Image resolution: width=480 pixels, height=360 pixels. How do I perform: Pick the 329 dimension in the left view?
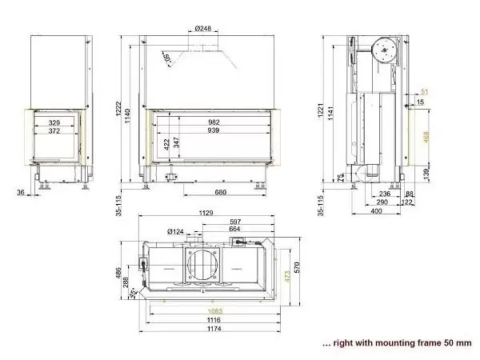click(x=54, y=122)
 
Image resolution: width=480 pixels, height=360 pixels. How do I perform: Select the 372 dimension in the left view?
click(x=54, y=130)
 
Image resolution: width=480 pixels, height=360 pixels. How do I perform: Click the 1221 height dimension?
click(x=322, y=113)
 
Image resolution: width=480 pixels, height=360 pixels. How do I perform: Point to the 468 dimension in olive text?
click(x=426, y=137)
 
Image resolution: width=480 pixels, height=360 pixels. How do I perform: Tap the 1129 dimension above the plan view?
click(x=207, y=214)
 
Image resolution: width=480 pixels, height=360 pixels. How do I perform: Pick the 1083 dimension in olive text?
click(x=214, y=310)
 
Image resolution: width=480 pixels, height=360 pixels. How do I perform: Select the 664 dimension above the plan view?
click(x=234, y=230)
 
